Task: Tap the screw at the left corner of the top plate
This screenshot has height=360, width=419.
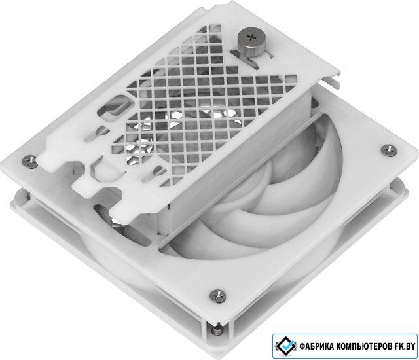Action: [29, 161]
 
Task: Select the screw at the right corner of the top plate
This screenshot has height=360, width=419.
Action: [389, 150]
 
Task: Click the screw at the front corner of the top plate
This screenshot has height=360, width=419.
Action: [217, 296]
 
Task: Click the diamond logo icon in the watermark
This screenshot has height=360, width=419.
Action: [285, 346]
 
